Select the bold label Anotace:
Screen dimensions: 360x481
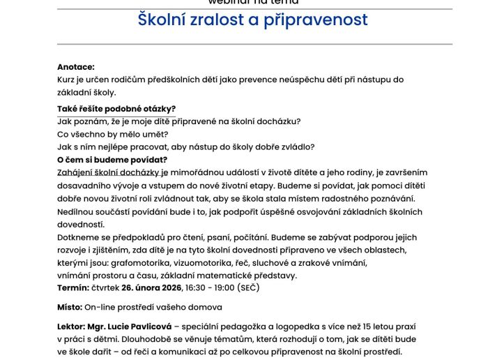[76, 67]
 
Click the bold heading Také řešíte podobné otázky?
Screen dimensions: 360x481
[116, 108]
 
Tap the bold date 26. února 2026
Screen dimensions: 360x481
[152, 287]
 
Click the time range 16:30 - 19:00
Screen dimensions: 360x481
[210, 287]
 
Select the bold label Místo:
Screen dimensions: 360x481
[70, 307]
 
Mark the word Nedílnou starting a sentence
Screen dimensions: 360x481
[79, 211]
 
